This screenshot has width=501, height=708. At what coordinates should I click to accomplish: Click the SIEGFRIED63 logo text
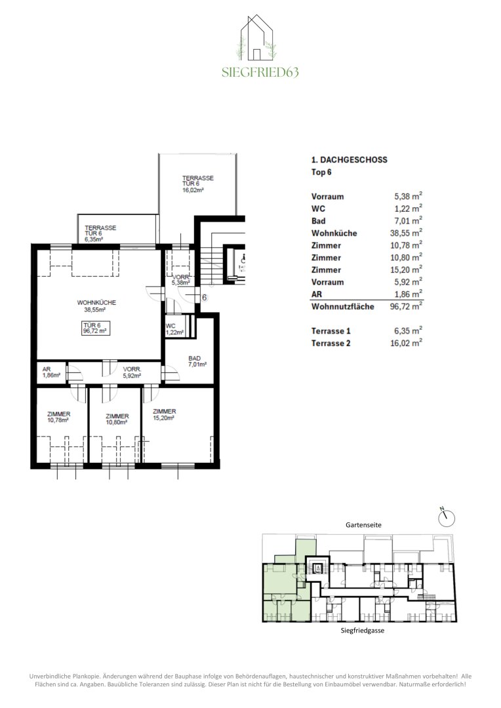pos(260,72)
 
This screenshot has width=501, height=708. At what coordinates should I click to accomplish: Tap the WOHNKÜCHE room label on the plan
pos(96,306)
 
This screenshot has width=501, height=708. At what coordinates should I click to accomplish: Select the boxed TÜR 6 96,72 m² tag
pos(96,328)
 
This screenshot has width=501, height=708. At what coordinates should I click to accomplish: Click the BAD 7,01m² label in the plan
pos(197,361)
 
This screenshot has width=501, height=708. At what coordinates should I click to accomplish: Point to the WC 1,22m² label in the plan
pos(174,329)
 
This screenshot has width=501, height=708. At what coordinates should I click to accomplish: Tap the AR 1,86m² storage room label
pos(51,372)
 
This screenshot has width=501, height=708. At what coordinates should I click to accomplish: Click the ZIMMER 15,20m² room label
pos(164,414)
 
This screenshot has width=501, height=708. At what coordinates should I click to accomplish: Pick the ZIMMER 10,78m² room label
pos(59,417)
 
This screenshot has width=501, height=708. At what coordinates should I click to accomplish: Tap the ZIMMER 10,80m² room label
pos(117,419)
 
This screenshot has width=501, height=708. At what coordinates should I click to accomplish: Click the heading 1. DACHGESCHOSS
pos(350,160)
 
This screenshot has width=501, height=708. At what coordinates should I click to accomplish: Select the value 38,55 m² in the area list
pos(406,233)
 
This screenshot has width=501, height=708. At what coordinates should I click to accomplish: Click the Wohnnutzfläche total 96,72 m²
pos(406,306)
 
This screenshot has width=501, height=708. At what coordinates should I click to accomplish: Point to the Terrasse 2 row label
pos(331,343)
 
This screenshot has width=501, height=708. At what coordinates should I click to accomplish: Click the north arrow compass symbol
pos(447,517)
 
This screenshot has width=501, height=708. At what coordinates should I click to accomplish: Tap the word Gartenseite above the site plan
pos(364,525)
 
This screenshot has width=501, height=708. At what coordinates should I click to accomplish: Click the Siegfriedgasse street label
pos(363,631)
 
